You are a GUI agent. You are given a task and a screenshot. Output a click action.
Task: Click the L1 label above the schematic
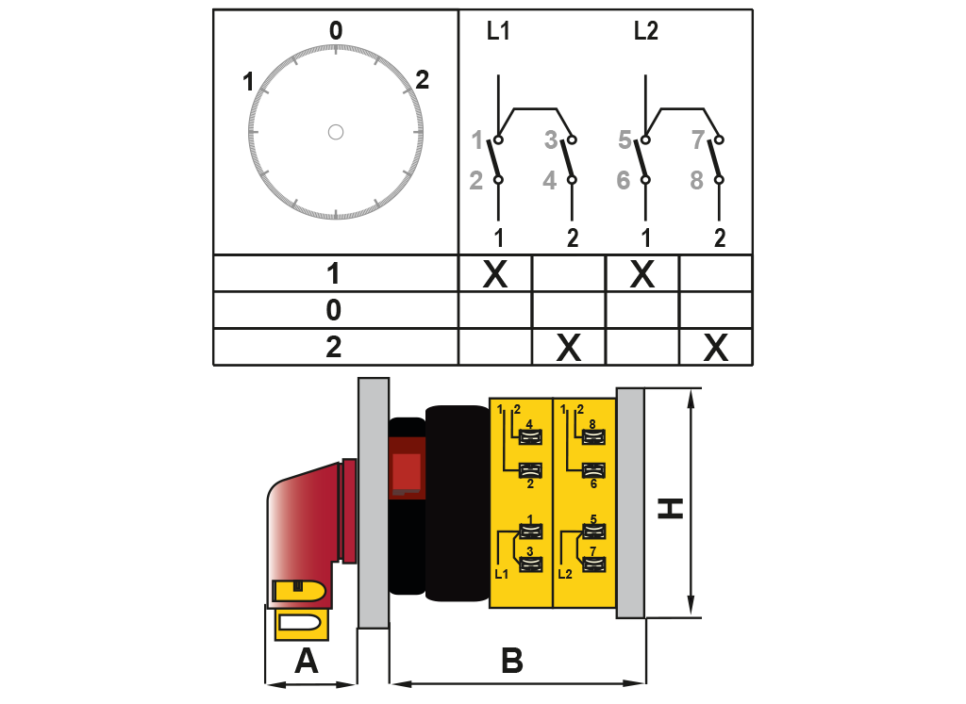pyautogui.click(x=498, y=32)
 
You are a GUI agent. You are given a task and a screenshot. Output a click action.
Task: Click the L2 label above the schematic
pyautogui.click(x=646, y=32)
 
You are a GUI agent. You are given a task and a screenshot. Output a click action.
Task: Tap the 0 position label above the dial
pyautogui.click(x=336, y=30)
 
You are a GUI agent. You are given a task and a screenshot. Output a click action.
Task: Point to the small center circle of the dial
pyautogui.click(x=336, y=132)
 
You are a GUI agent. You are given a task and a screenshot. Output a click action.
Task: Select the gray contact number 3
pyautogui.click(x=551, y=141)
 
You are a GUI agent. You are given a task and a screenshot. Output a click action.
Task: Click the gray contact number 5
pyautogui.click(x=625, y=141)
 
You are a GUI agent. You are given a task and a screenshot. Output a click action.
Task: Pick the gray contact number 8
pyautogui.click(x=697, y=180)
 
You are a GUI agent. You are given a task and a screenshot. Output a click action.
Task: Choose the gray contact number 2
pyautogui.click(x=476, y=180)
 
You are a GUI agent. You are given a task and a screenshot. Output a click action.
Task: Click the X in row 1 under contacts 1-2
pyautogui.click(x=495, y=274)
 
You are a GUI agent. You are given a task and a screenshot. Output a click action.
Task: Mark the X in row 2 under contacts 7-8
pyautogui.click(x=716, y=349)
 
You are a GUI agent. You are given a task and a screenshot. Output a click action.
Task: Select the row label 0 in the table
pyautogui.click(x=334, y=310)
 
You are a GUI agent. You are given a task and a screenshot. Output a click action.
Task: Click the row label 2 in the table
pyautogui.click(x=334, y=348)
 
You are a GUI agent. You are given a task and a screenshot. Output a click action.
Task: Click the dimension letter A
pyautogui.click(x=307, y=663)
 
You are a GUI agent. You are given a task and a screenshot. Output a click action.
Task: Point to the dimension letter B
pyautogui.click(x=511, y=662)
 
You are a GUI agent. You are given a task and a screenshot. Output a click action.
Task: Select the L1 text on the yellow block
pyautogui.click(x=501, y=572)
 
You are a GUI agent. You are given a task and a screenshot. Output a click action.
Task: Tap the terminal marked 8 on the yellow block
pyautogui.click(x=593, y=435)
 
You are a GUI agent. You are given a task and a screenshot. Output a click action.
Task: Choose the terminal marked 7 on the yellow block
pyautogui.click(x=593, y=565)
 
